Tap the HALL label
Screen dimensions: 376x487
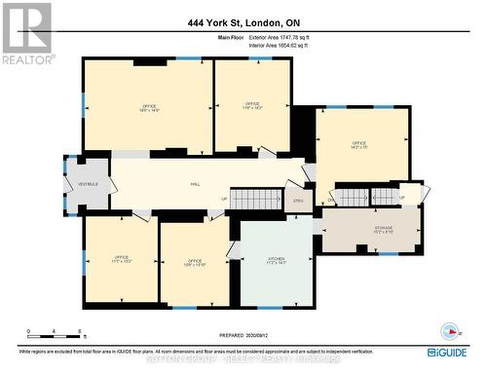tap(195, 182)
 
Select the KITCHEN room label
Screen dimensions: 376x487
tap(276, 260)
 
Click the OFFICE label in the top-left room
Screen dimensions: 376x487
tap(149, 108)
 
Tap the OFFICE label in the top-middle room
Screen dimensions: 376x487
tap(252, 106)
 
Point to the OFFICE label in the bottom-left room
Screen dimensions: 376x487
tap(121, 259)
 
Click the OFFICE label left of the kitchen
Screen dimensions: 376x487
tap(195, 261)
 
